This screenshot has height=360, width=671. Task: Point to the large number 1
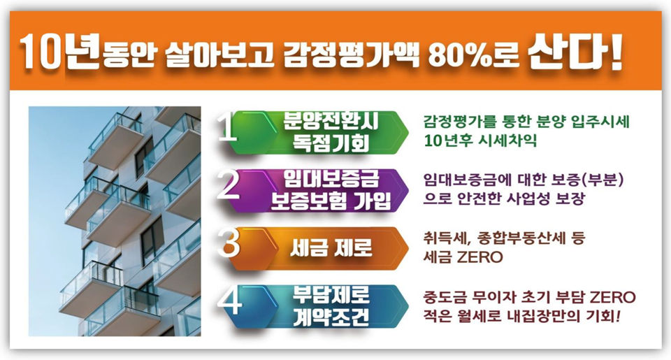click(227, 127)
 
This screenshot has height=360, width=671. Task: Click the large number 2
click(229, 185)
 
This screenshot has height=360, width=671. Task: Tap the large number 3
click(229, 243)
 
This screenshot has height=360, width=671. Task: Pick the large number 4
click(229, 301)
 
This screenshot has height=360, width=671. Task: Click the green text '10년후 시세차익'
click(480, 141)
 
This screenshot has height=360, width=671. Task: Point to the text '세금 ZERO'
click(463, 257)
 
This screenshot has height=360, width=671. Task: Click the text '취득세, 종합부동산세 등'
click(504, 238)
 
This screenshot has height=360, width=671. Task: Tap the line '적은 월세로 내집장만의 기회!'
click(521, 317)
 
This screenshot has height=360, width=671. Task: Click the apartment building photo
click(115, 221)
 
